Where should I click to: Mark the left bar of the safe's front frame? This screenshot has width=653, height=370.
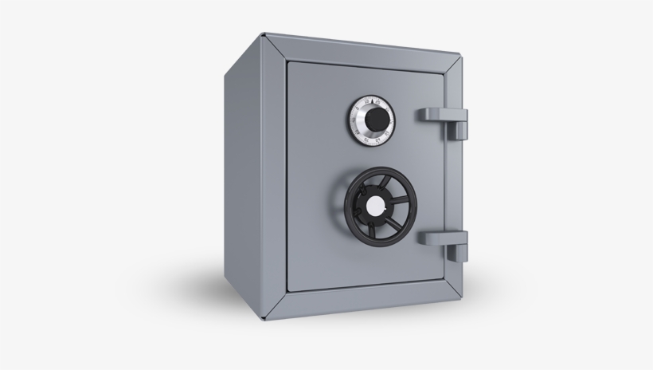275,175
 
